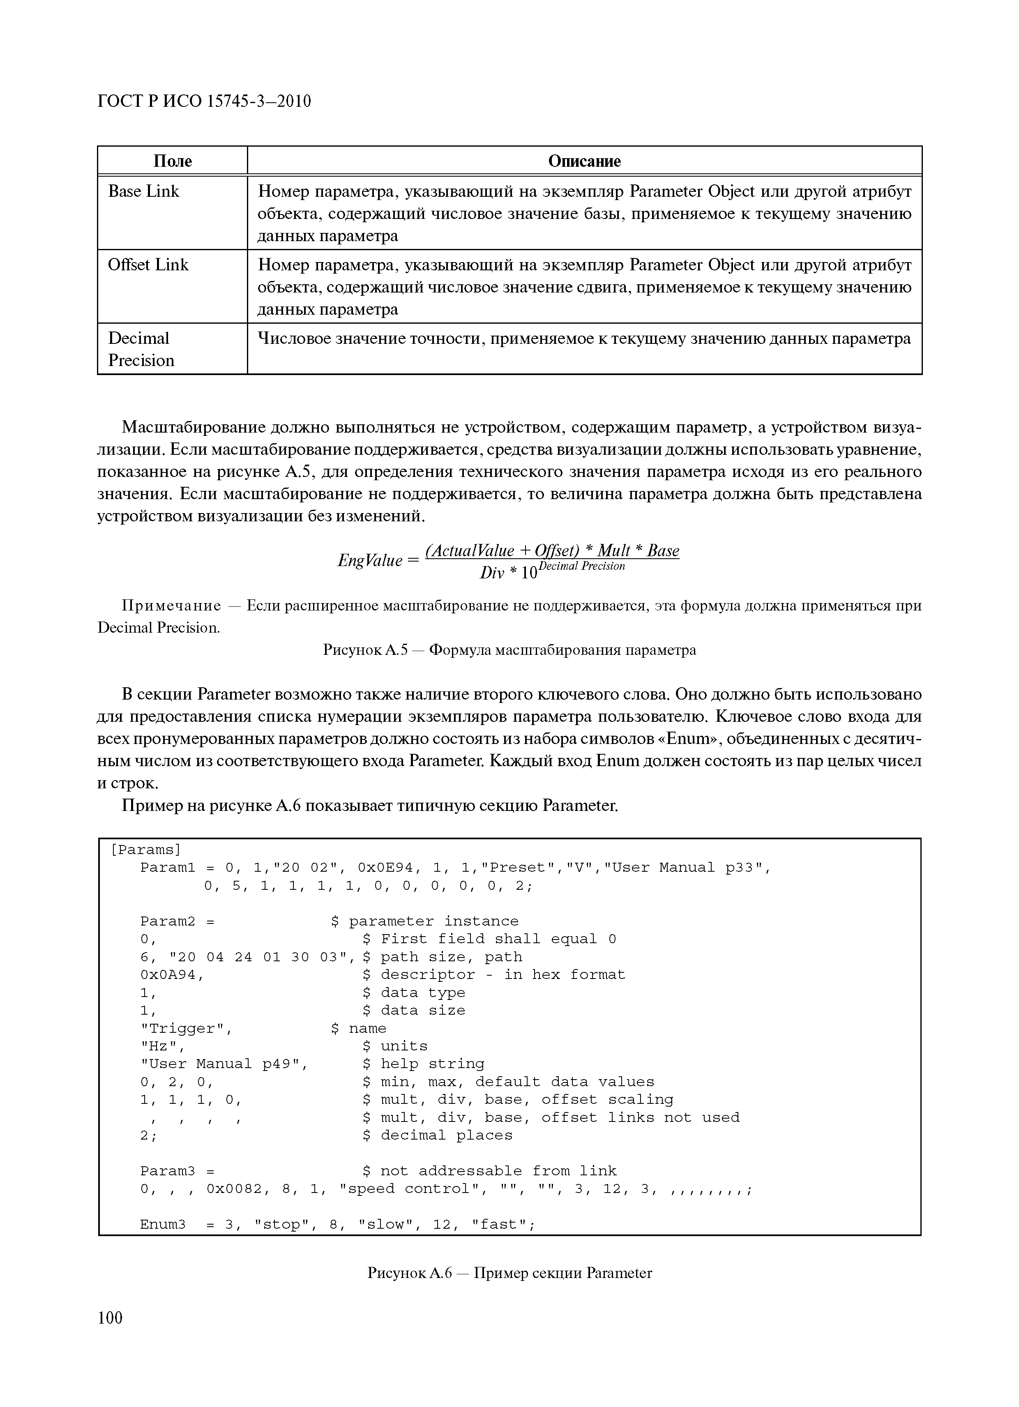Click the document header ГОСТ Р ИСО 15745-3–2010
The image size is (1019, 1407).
pyautogui.click(x=204, y=101)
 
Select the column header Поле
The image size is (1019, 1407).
pyautogui.click(x=173, y=161)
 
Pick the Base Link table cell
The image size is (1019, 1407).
pyautogui.click(x=143, y=192)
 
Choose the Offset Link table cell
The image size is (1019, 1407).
pyautogui.click(x=148, y=265)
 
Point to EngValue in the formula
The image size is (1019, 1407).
pyautogui.click(x=370, y=561)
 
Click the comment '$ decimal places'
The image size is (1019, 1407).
pyautogui.click(x=438, y=1136)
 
